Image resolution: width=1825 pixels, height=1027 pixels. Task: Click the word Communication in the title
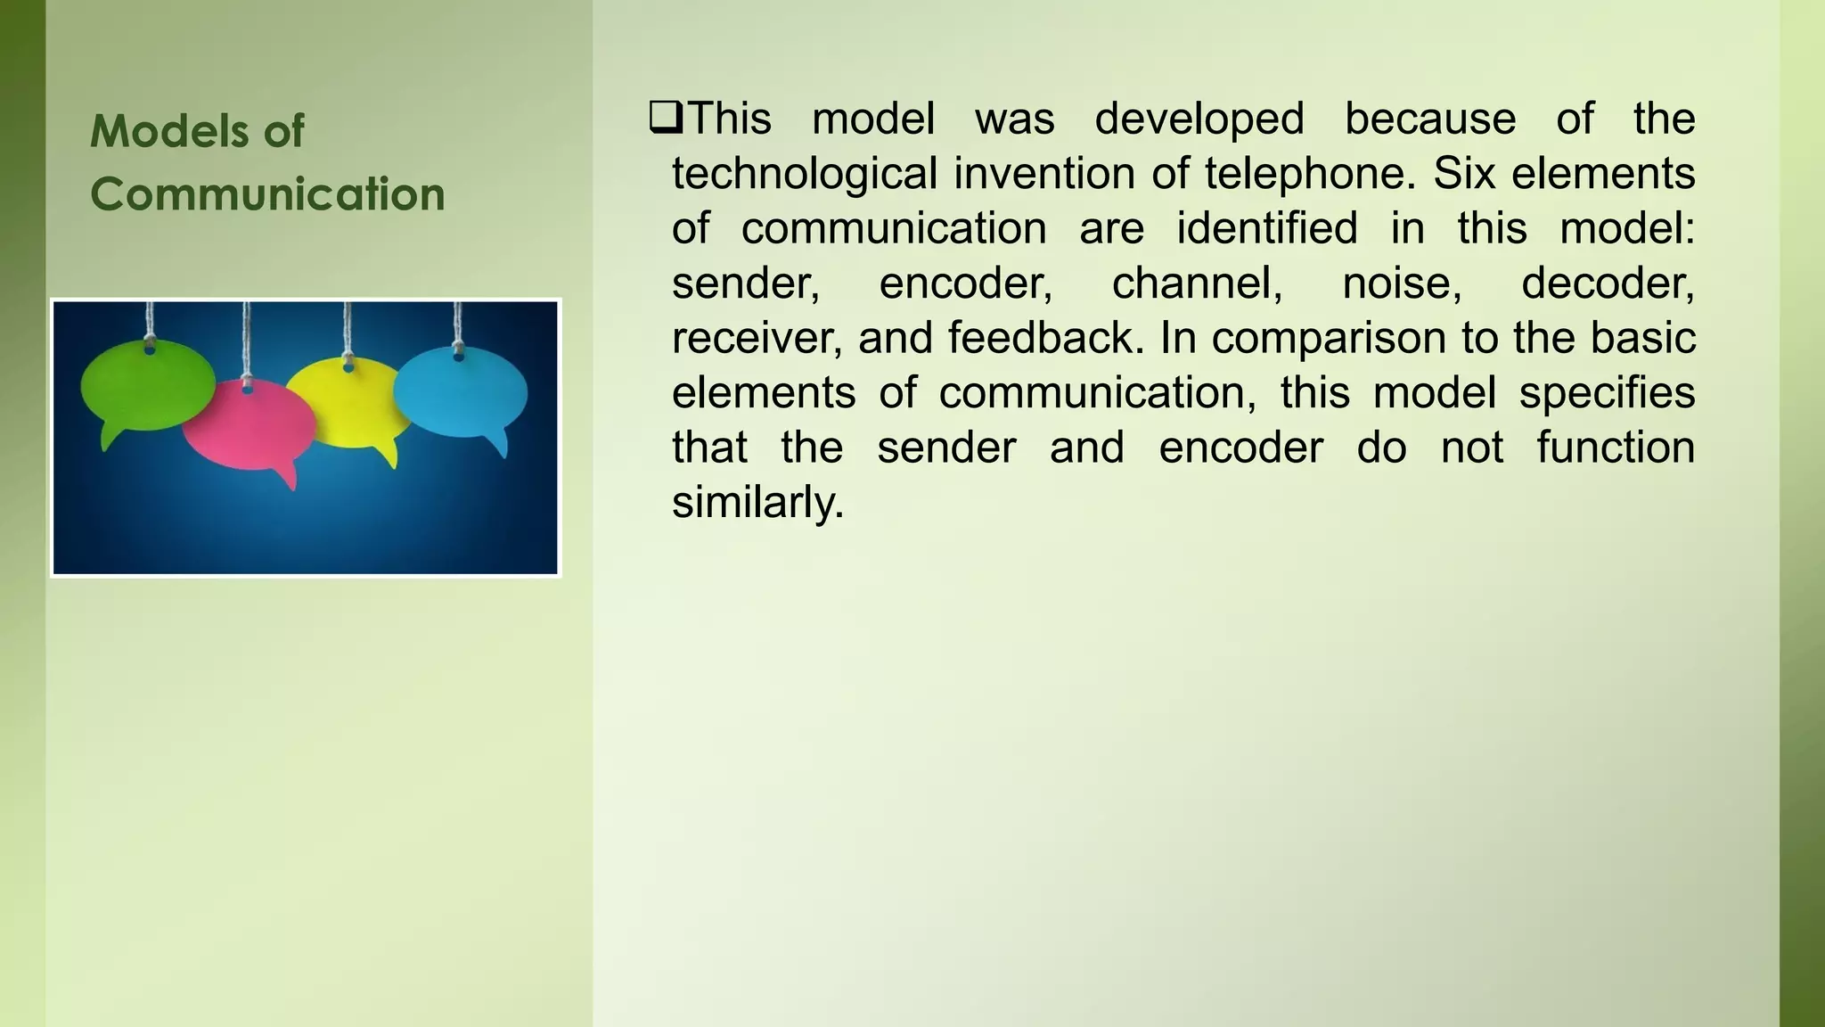(267, 194)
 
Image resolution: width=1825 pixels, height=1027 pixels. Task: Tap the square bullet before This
(666, 118)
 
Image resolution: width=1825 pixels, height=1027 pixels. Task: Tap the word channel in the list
(1197, 283)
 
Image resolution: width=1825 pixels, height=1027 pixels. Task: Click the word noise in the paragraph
(1402, 283)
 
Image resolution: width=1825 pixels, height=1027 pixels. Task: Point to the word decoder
(1607, 283)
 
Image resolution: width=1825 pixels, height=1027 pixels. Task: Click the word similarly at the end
(757, 503)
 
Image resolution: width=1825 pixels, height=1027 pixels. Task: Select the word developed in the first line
(1199, 119)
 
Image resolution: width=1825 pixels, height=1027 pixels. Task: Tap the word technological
(804, 173)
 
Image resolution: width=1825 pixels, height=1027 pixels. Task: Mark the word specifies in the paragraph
(1606, 393)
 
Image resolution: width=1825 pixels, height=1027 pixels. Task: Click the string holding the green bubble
(150, 321)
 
